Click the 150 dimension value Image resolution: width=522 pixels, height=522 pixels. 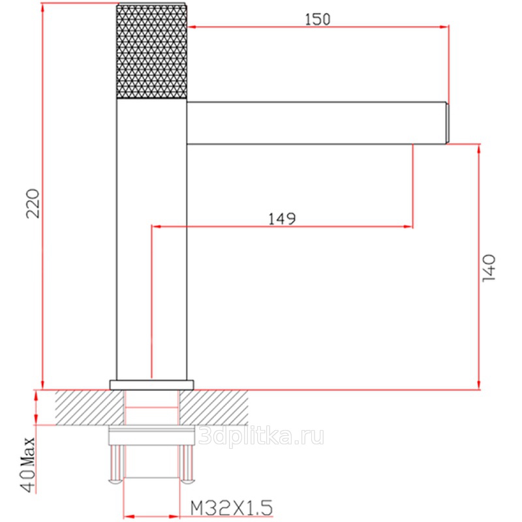click(318, 20)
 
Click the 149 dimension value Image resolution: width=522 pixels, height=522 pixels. click(282, 219)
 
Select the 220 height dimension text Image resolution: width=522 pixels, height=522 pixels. click(33, 204)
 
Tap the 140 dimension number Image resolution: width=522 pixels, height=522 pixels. click(489, 268)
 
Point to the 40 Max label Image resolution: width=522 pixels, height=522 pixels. click(28, 465)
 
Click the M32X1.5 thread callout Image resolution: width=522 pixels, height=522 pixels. click(232, 508)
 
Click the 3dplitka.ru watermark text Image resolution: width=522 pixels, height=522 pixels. click(262, 437)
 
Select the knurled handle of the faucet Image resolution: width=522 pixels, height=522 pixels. click(152, 52)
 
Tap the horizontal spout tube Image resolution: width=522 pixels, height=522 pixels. click(316, 123)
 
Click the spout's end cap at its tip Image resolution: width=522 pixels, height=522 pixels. click(448, 123)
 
